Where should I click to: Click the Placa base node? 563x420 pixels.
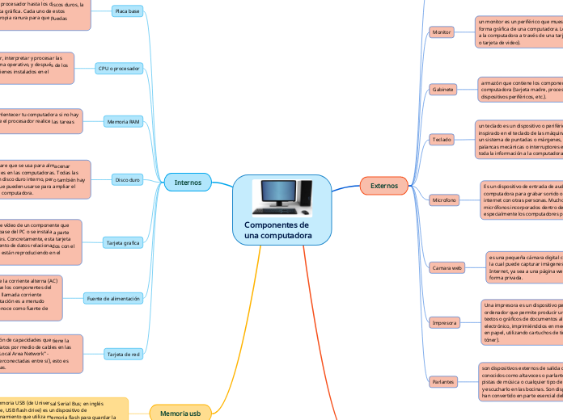point(127,12)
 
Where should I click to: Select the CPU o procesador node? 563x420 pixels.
point(119,69)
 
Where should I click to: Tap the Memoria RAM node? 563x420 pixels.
point(125,122)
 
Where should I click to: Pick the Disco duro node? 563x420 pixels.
point(127,179)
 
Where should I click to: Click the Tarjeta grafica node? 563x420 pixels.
point(122,241)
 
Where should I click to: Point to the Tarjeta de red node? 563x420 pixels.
point(124,354)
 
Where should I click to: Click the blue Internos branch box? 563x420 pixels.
point(188,183)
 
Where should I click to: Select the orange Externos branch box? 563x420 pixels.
point(383,186)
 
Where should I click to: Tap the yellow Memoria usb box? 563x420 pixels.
point(180,413)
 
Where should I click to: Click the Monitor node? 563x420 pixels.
point(442,32)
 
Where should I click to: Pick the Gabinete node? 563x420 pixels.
point(442,89)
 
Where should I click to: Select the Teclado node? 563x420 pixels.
point(442,139)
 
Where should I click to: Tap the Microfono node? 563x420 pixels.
point(443,199)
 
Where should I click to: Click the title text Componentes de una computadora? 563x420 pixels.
point(277,229)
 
